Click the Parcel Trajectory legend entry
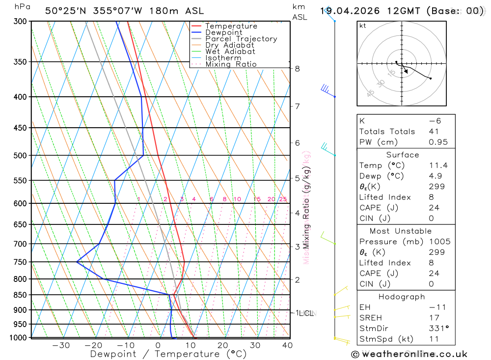pos(241,39)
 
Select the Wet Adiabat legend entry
pos(230,52)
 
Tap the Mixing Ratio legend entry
pos(231,64)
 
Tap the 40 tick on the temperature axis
pos(287,345)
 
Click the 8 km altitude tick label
pos(297,69)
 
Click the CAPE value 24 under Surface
pos(434,208)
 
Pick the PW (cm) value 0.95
pos(438,142)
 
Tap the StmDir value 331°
pos(438,329)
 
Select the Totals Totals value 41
pos(434,132)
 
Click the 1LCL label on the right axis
pos(304,313)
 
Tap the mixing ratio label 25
pos(283,199)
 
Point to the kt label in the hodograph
pos(363,26)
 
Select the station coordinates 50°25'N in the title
pos(64,11)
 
